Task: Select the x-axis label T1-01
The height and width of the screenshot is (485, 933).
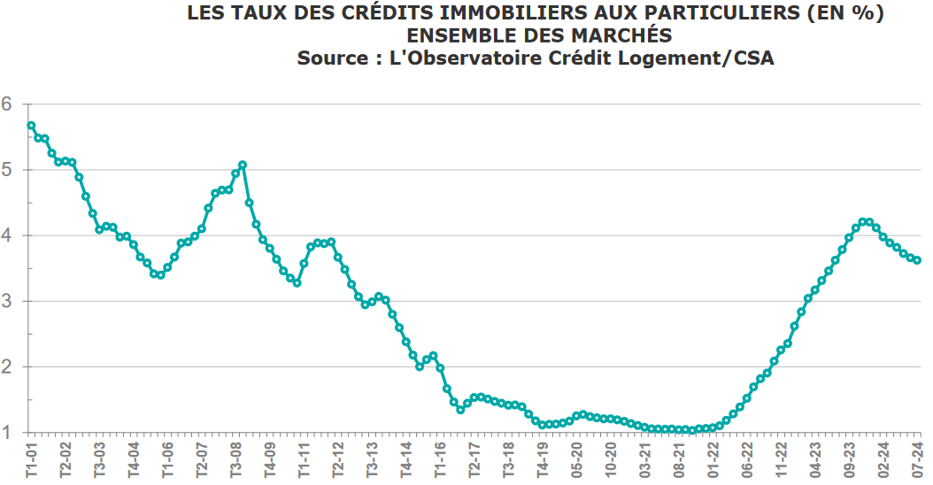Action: click(32, 460)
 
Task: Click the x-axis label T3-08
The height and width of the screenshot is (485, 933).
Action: click(236, 460)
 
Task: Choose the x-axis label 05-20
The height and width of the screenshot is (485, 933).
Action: click(577, 460)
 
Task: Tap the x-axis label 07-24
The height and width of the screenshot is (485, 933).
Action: click(918, 460)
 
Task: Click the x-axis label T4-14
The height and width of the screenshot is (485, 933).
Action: click(406, 460)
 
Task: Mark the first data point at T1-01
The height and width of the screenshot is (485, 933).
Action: click(31, 126)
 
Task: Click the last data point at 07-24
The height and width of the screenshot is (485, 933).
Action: click(917, 260)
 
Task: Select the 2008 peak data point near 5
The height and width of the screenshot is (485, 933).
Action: click(243, 165)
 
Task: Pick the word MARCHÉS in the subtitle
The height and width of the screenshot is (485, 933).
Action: click(621, 35)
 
